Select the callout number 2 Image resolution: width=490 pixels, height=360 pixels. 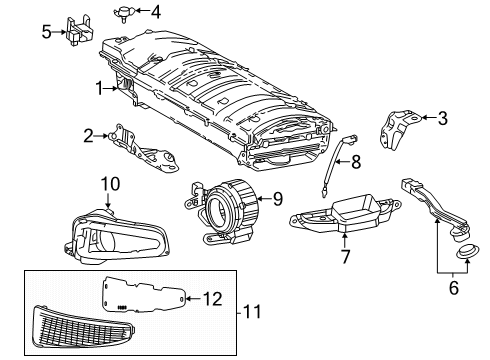pyautogui.click(x=88, y=134)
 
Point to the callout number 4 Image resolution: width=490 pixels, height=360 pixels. pyautogui.click(x=155, y=12)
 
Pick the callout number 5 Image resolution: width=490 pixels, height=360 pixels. pyautogui.click(x=46, y=31)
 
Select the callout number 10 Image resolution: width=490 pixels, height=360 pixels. pyautogui.click(x=110, y=182)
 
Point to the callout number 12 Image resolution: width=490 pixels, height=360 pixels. pyautogui.click(x=211, y=297)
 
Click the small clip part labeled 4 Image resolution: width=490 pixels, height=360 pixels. pyautogui.click(x=128, y=12)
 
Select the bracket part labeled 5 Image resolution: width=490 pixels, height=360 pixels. pyautogui.click(x=76, y=31)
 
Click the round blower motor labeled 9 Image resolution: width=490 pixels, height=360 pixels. pyautogui.click(x=222, y=206)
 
